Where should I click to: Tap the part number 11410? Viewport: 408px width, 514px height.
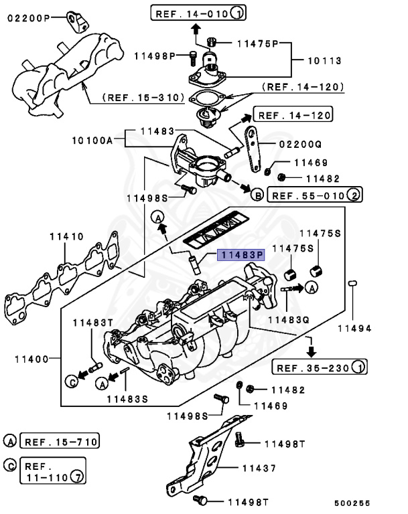click(66, 236)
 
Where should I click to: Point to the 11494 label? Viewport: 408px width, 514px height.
click(354, 328)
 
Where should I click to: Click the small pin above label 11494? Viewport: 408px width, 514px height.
click(352, 285)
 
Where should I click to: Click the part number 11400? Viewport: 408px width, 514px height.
click(29, 359)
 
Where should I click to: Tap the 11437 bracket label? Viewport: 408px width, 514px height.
click(258, 468)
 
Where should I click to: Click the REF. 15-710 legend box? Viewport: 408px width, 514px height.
click(60, 441)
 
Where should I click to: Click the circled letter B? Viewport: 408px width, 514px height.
click(256, 195)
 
